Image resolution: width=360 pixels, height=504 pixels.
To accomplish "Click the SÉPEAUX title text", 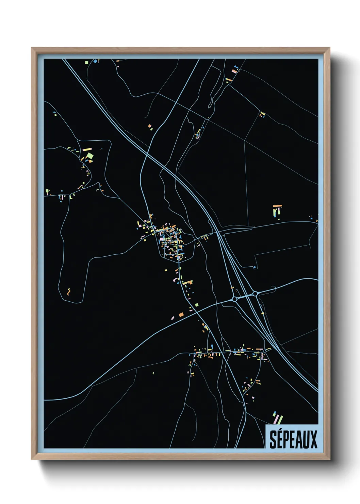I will [293, 439].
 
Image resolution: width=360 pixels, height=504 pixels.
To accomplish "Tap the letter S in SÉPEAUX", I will [273, 440].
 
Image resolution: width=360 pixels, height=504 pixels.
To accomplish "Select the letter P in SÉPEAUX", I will [287, 440].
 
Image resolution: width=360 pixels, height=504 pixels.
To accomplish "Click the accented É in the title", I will [280, 439].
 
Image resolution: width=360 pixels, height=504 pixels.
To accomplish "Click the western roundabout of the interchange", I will [234, 299].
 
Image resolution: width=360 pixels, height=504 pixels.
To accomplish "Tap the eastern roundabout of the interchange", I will [255, 294].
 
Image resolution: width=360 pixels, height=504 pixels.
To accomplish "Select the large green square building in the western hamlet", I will [89, 156].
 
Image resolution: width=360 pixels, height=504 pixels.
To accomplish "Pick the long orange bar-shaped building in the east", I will [278, 206].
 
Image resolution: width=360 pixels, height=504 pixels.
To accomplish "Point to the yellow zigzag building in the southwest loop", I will [69, 292].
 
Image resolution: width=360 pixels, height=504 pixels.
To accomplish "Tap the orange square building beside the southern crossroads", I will [181, 315].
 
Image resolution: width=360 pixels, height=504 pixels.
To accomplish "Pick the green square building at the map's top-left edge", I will [86, 62].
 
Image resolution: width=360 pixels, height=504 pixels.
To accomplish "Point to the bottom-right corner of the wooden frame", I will [329, 459].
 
